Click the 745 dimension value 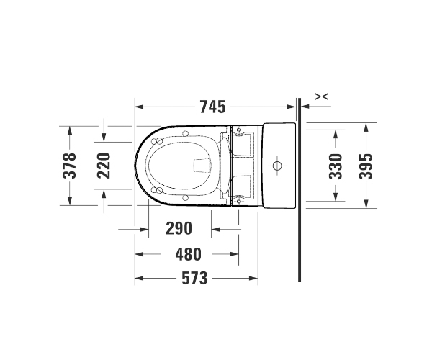(212, 107)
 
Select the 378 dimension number (69, 166)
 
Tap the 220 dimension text (104, 166)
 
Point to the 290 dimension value (179, 228)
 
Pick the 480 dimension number (189, 254)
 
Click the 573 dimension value (194, 278)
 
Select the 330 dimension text (336, 166)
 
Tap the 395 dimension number (366, 166)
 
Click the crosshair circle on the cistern (277, 166)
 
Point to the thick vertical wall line (300, 189)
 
